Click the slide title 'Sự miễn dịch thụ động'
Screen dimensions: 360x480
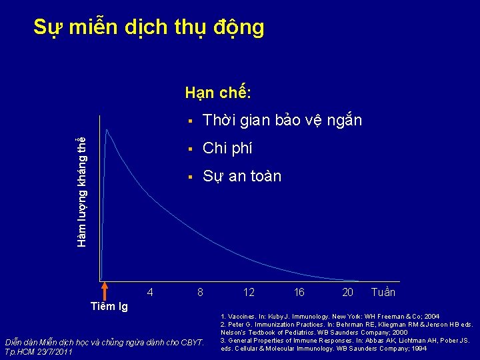pyautogui.click(x=149, y=28)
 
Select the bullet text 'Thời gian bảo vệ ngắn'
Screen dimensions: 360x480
pyautogui.click(x=282, y=121)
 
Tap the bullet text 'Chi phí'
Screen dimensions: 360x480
pyautogui.click(x=227, y=148)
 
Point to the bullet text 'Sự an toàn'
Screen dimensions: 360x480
pyautogui.click(x=242, y=177)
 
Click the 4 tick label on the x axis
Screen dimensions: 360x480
pyautogui.click(x=150, y=293)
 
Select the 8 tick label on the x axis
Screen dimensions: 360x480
pyautogui.click(x=200, y=293)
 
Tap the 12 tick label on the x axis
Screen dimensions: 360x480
pyautogui.click(x=249, y=293)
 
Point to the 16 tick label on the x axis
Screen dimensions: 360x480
pyautogui.click(x=299, y=293)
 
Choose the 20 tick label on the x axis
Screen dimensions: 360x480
pyautogui.click(x=347, y=293)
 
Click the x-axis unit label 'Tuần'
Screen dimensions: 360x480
pyautogui.click(x=383, y=293)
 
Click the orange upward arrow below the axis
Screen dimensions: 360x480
pyautogui.click(x=103, y=291)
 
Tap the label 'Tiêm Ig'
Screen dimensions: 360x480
pyautogui.click(x=109, y=307)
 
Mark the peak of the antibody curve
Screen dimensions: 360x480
pyautogui.click(x=107, y=129)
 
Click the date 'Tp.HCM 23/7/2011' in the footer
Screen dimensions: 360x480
pyautogui.click(x=39, y=351)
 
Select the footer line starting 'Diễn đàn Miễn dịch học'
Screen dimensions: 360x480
pyautogui.click(x=104, y=343)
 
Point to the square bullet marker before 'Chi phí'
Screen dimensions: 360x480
pyautogui.click(x=190, y=148)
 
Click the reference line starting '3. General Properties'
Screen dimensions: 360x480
pyautogui.click(x=344, y=340)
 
